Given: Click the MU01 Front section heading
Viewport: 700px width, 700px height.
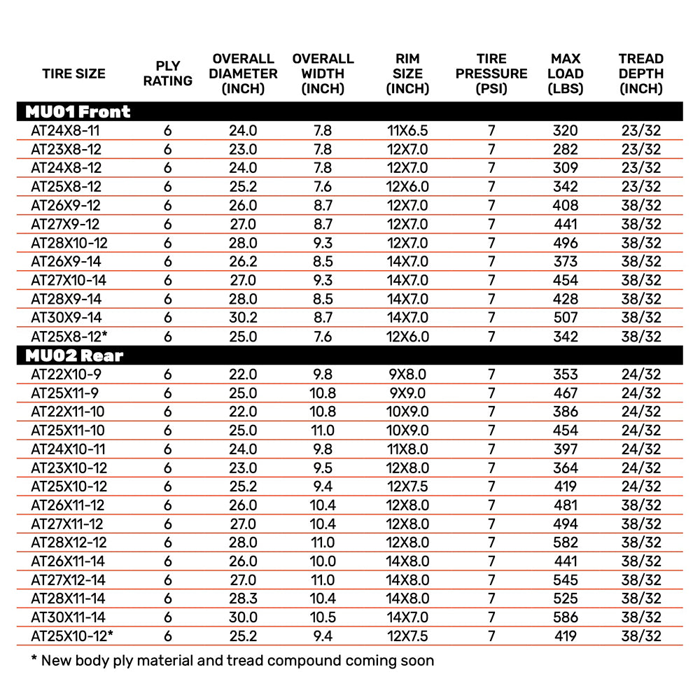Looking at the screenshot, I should click(78, 111).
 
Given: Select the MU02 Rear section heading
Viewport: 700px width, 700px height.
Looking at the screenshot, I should click(74, 355).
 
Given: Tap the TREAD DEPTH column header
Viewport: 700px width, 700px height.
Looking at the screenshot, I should click(641, 73).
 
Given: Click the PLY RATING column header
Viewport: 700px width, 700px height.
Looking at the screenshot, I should click(167, 73).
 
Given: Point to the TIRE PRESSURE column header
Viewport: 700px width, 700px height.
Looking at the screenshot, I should click(491, 73).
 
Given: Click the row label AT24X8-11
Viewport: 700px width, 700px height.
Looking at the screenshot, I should click(66, 130).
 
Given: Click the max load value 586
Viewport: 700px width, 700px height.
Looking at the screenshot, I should click(566, 617).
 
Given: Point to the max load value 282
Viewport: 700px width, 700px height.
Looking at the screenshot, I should click(566, 149).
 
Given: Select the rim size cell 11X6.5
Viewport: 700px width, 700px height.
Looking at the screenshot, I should click(407, 130).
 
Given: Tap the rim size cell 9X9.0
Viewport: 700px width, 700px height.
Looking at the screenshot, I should click(407, 393).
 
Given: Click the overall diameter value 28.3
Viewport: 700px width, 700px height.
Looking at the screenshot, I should click(243, 598).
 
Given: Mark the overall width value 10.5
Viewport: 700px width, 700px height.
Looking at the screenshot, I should click(323, 617).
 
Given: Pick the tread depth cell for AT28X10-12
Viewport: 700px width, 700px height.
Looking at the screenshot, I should click(641, 243).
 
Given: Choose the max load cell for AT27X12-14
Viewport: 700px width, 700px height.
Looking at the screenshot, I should click(566, 580).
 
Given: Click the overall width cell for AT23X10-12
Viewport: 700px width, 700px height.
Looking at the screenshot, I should click(323, 468).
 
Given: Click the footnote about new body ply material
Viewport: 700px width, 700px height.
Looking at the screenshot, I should click(233, 660).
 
